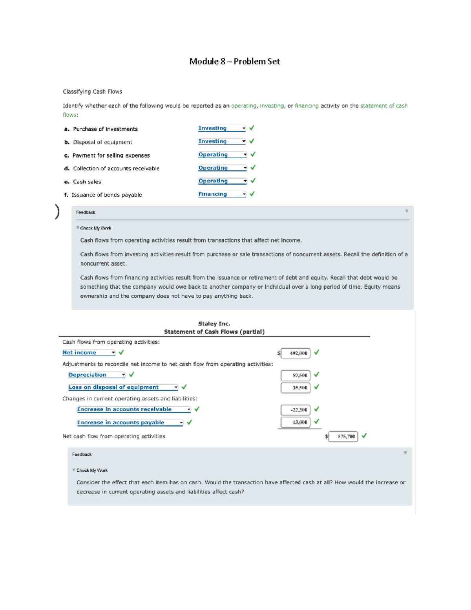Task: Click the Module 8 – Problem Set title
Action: click(x=234, y=61)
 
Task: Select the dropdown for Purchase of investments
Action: click(x=222, y=128)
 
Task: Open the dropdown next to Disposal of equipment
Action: click(x=222, y=141)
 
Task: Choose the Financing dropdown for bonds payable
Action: click(x=222, y=194)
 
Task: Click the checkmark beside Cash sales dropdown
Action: click(x=253, y=181)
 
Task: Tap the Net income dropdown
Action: click(x=89, y=353)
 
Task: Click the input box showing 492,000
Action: click(x=296, y=353)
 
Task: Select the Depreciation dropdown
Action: click(x=97, y=375)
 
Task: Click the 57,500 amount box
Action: click(x=296, y=376)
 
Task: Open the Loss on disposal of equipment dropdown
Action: click(x=123, y=387)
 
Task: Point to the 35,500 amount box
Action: click(x=296, y=388)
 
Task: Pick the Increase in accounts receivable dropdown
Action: click(x=134, y=409)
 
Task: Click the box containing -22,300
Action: click(x=296, y=410)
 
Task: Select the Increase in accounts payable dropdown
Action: click(x=130, y=423)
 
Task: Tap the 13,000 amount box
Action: click(x=296, y=422)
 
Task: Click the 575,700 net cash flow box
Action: click(x=343, y=436)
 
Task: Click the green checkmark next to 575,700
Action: click(x=364, y=436)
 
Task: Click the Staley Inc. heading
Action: click(x=214, y=324)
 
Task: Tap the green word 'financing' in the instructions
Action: click(x=307, y=106)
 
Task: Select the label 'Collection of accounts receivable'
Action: click(x=116, y=169)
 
